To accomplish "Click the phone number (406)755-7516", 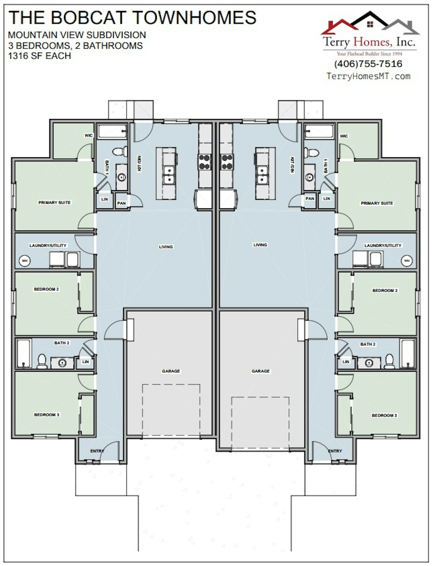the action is pyautogui.click(x=368, y=64).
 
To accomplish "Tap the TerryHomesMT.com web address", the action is pyautogui.click(x=368, y=76).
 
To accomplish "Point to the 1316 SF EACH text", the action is pyautogui.click(x=39, y=56).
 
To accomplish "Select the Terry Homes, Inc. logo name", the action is pyautogui.click(x=369, y=42).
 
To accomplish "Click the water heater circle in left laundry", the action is pyautogui.click(x=25, y=261).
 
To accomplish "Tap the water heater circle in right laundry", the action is pyautogui.click(x=407, y=261).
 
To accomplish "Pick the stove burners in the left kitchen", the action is pyautogui.click(x=205, y=162).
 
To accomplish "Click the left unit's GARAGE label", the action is pyautogui.click(x=171, y=371).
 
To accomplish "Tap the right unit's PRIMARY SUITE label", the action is pyautogui.click(x=377, y=203).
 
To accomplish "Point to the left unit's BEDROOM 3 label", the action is pyautogui.click(x=47, y=415).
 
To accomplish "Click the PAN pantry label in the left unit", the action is pyautogui.click(x=121, y=203).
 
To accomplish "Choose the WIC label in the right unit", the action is pyautogui.click(x=344, y=136).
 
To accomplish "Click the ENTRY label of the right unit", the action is pyautogui.click(x=335, y=451).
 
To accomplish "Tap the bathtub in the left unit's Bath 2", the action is pyautogui.click(x=24, y=353).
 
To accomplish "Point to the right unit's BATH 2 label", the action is pyautogui.click(x=368, y=344).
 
